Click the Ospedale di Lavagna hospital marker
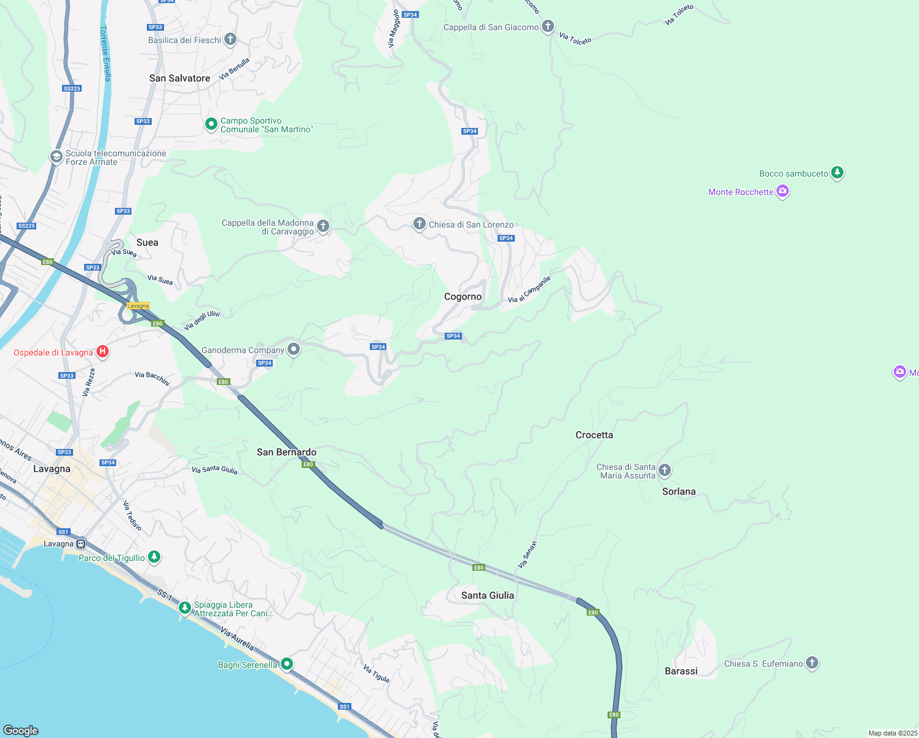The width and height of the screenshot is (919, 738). click(x=103, y=352)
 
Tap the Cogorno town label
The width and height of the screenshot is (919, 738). click(x=463, y=296)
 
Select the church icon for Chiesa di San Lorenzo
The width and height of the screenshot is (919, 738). click(x=420, y=224)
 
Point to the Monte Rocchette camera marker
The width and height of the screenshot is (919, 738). click(x=783, y=191)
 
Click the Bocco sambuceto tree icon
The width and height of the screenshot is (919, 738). click(x=837, y=173)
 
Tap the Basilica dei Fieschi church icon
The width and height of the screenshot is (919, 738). click(x=230, y=39)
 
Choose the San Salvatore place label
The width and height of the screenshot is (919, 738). click(x=179, y=78)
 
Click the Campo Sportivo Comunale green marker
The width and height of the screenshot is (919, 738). click(x=211, y=124)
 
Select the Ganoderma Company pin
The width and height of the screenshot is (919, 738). click(x=294, y=349)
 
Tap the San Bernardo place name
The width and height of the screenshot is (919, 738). click(x=286, y=452)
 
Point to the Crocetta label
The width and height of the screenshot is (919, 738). click(x=594, y=435)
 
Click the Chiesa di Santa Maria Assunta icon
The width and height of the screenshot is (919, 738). click(x=664, y=470)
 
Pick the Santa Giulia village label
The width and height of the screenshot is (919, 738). click(x=487, y=595)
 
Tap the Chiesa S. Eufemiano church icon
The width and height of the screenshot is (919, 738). click(x=812, y=662)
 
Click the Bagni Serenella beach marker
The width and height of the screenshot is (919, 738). click(x=286, y=664)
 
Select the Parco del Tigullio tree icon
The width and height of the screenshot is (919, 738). click(x=154, y=557)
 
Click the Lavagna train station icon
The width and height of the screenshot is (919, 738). click(x=80, y=544)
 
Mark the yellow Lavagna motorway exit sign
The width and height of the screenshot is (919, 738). click(x=138, y=306)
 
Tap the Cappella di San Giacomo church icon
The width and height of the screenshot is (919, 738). click(x=548, y=26)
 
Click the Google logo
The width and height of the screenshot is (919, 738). click(x=21, y=730)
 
